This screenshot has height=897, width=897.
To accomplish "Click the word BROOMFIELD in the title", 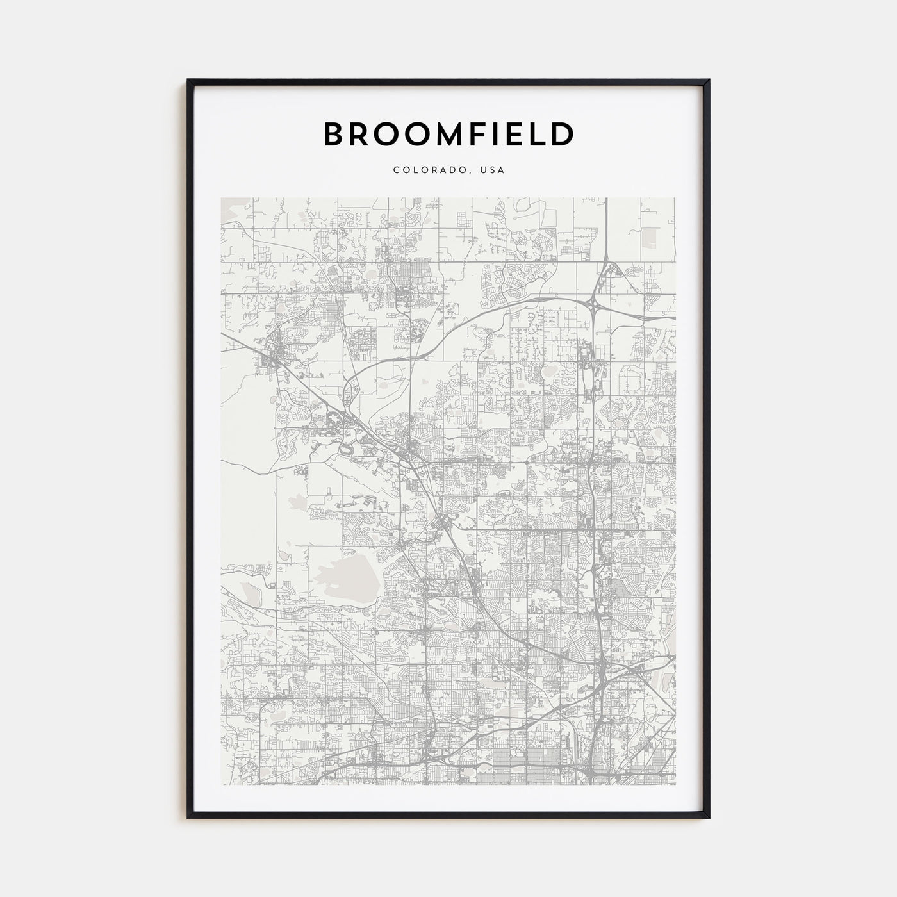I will point(448,134).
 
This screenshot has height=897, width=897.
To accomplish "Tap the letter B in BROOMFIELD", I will point(336,134).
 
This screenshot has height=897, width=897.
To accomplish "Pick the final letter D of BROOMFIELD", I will point(561,134).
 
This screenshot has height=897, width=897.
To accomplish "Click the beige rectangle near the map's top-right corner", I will point(649,238).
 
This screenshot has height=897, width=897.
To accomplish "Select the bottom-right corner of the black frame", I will point(709,818).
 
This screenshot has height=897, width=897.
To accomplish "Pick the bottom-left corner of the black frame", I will point(188,818).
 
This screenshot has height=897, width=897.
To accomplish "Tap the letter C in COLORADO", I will point(397,170).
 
